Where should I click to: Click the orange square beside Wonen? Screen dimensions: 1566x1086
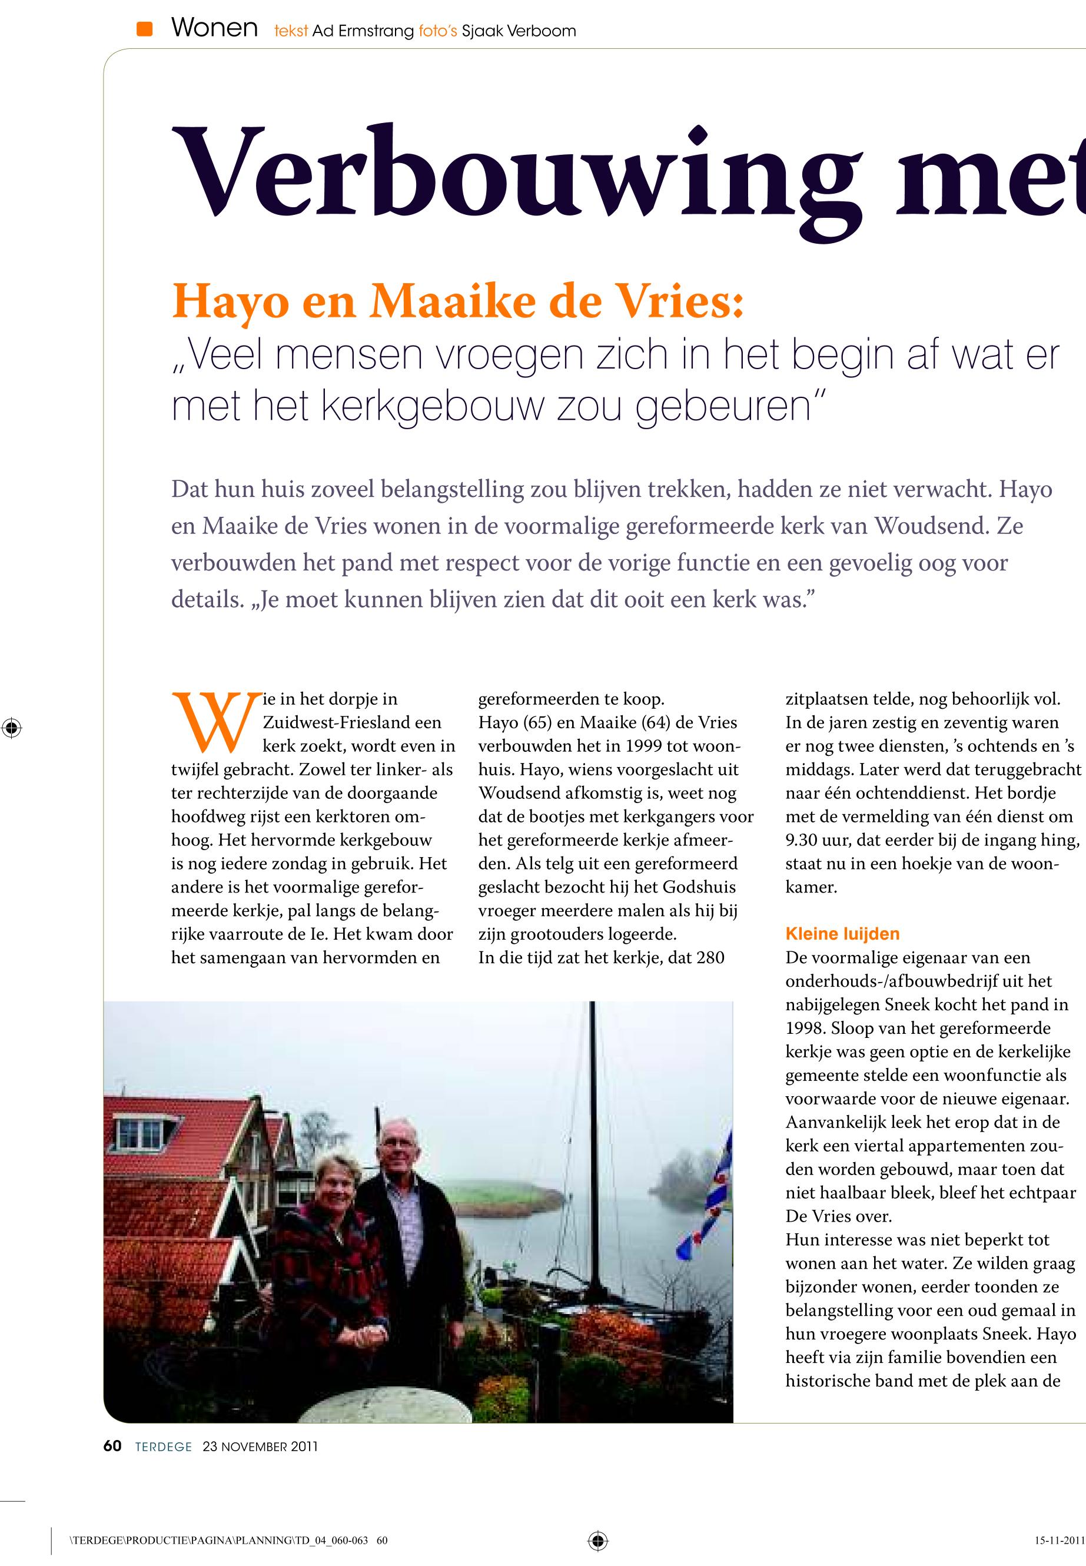(144, 29)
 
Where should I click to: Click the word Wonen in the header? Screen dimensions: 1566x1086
(214, 29)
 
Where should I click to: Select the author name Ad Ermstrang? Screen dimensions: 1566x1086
(363, 31)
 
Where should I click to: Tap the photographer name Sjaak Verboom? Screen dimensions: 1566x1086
(519, 31)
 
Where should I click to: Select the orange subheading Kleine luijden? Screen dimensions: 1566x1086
(842, 934)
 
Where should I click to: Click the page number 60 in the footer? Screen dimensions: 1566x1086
(112, 1446)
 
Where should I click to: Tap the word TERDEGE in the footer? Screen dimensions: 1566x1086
(163, 1447)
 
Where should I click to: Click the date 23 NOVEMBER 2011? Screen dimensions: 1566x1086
(260, 1447)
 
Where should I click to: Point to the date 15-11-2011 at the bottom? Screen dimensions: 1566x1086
(1059, 1541)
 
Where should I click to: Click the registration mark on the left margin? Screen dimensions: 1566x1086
(12, 728)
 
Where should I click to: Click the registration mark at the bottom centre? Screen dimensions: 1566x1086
(597, 1540)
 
